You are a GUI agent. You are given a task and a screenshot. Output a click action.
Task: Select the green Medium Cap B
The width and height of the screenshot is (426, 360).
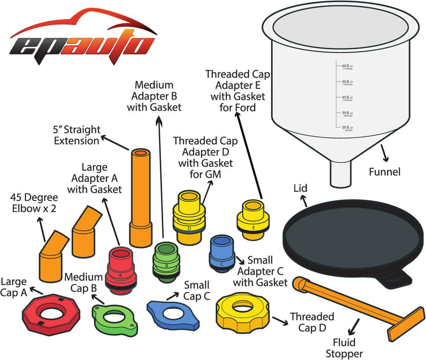tap(113, 312)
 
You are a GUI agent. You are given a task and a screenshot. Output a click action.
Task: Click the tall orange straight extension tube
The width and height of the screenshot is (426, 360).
tap(140, 195)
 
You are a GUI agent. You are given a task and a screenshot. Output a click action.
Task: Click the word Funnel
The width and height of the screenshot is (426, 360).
tap(384, 172)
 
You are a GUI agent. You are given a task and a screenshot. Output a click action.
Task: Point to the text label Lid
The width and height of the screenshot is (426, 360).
tap(301, 188)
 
